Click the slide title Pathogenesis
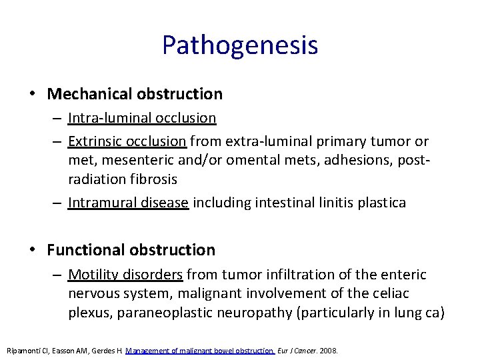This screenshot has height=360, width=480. pos(239,45)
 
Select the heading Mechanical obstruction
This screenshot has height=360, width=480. pos(135,94)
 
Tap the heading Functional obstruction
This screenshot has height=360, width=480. pos(131,250)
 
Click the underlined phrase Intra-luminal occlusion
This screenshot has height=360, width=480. pos(142,118)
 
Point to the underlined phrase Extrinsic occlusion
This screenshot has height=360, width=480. pos(127,141)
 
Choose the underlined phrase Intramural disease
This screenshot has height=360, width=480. pos(129,203)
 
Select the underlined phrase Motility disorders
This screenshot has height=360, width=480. pos(125,275)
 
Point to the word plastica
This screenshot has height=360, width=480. pos(380,203)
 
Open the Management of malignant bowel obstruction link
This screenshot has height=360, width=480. pos(200,350)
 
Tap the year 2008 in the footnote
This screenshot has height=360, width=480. pos(329,350)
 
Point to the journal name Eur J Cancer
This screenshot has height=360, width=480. pos(297,350)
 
